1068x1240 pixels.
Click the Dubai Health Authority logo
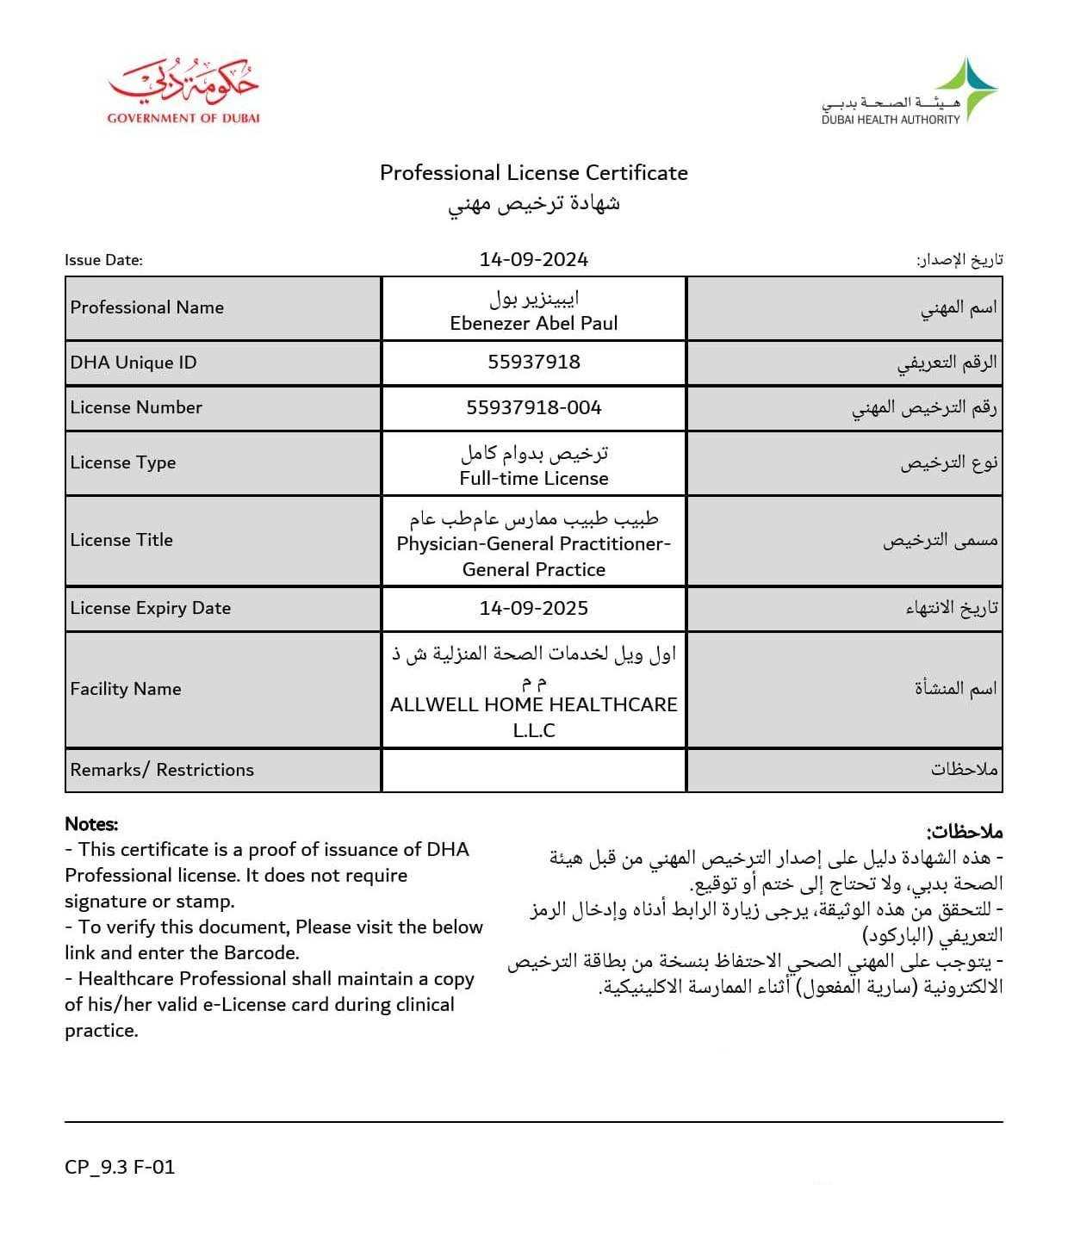910,92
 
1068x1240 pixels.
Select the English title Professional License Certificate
533,173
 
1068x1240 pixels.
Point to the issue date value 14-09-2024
533,259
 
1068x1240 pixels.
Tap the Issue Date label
103,260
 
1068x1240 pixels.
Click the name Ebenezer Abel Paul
533,323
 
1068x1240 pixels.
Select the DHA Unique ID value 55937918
533,363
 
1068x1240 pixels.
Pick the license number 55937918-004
533,407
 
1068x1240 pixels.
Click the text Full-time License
533,478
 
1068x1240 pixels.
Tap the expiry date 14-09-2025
533,608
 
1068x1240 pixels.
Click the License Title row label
121,540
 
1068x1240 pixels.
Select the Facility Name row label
126,689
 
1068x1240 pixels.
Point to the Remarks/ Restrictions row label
162,770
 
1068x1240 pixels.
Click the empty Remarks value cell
533,770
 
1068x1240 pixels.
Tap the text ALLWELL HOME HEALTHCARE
533,704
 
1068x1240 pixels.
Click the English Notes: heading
91,824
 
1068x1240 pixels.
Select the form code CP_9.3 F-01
120,1167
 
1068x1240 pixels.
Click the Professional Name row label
146,307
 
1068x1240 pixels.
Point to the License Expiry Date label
151,608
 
